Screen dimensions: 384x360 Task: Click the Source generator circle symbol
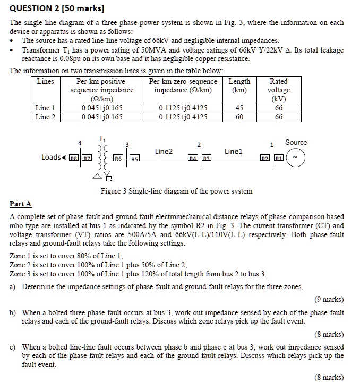[296, 158]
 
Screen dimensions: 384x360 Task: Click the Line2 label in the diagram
[164, 151]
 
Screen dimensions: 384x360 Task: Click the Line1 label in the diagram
[233, 151]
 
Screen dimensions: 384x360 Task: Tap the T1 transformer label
[101, 138]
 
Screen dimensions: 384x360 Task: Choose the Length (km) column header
[239, 85]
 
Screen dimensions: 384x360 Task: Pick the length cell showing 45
[239, 108]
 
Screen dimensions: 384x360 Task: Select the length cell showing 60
[239, 117]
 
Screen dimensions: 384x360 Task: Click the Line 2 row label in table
[45, 117]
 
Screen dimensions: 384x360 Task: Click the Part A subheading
[21, 204]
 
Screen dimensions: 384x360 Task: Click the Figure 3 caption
[177, 191]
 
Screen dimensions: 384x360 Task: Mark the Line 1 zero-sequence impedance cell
[183, 108]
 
